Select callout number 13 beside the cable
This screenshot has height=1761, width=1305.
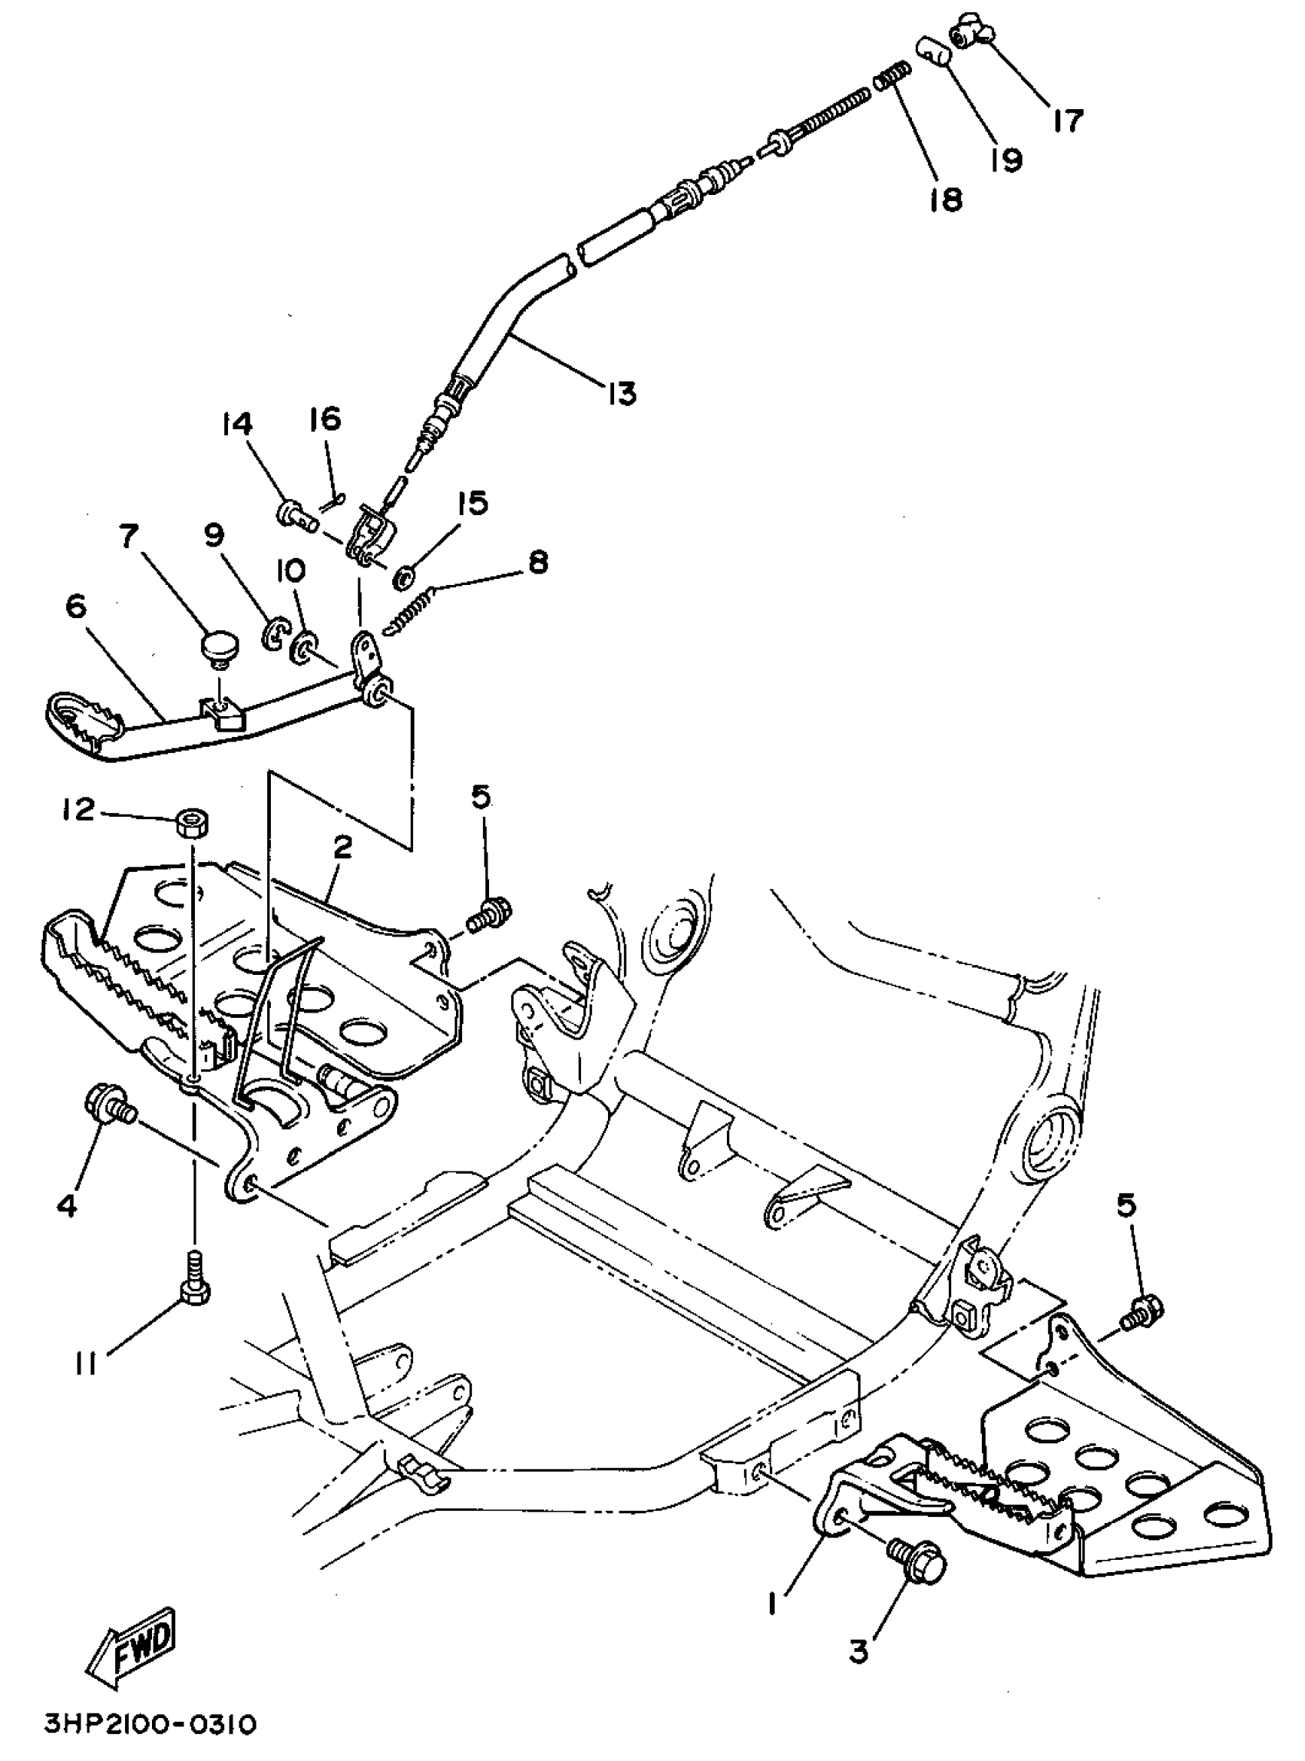(x=622, y=392)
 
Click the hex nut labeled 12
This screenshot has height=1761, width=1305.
(x=191, y=822)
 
